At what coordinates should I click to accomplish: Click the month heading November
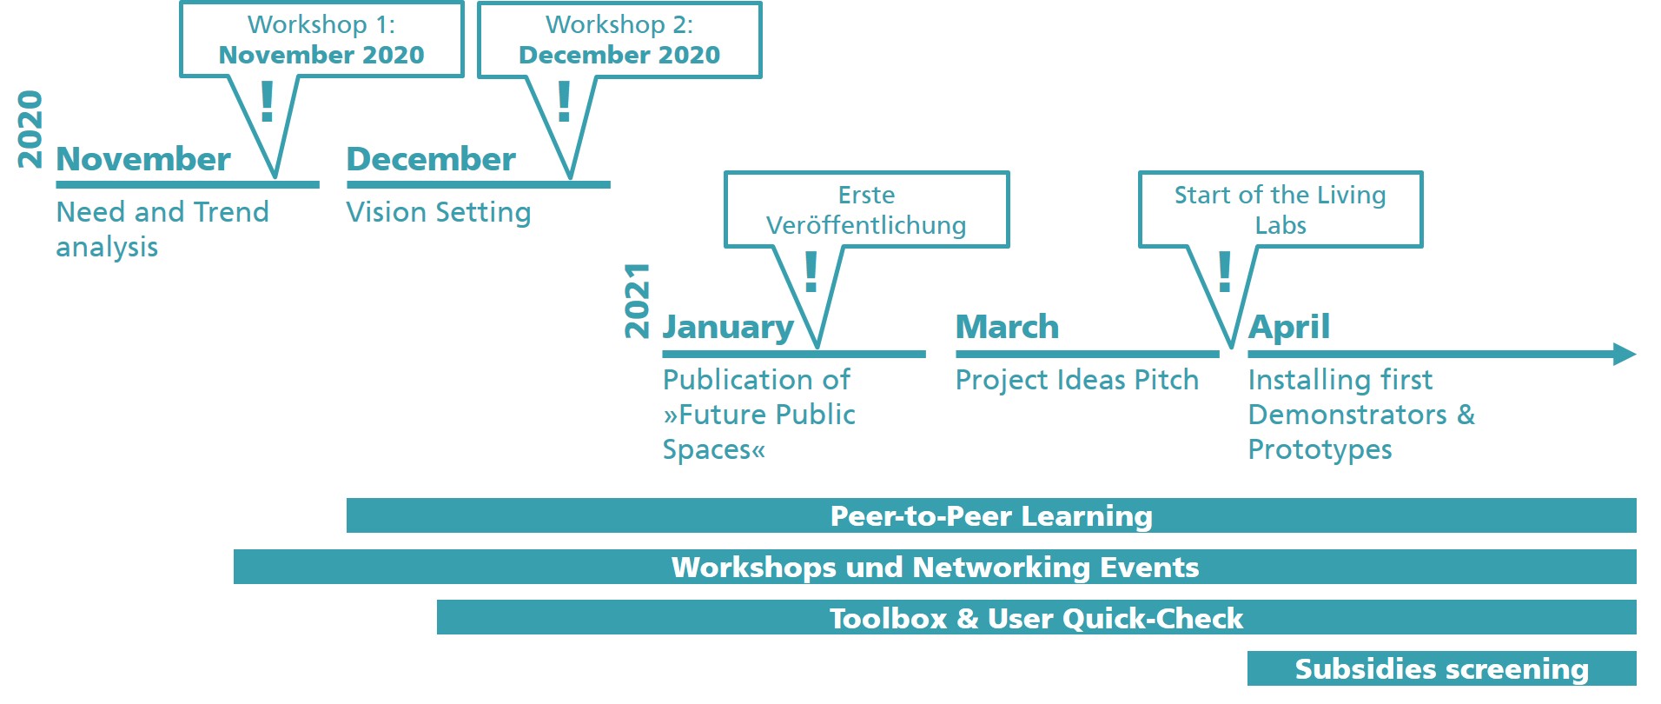(x=143, y=159)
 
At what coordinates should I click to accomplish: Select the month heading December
(x=431, y=159)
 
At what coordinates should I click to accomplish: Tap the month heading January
(x=728, y=328)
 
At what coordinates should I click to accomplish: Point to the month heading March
(x=1008, y=327)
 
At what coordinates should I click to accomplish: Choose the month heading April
(x=1289, y=328)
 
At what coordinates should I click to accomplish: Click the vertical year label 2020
(x=30, y=129)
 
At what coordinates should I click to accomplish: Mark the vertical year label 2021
(x=637, y=300)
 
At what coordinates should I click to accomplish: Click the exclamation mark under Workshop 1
(x=268, y=101)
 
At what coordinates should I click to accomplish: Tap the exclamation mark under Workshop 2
(x=565, y=101)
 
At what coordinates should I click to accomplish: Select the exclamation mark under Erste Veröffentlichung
(x=811, y=271)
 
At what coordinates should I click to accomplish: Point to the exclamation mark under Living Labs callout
(x=1225, y=271)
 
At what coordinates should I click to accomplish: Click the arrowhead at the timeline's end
(x=1625, y=354)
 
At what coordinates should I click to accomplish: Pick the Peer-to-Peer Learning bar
(x=991, y=515)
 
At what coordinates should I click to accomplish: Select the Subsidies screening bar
(x=1442, y=668)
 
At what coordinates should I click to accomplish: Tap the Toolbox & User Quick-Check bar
(x=1036, y=617)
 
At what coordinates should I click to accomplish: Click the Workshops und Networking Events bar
(x=935, y=567)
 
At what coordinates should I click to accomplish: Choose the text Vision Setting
(x=439, y=213)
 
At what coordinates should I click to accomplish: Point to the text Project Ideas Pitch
(x=1077, y=380)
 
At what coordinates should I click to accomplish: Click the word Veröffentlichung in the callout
(x=866, y=225)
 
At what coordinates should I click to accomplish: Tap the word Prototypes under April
(x=1320, y=450)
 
